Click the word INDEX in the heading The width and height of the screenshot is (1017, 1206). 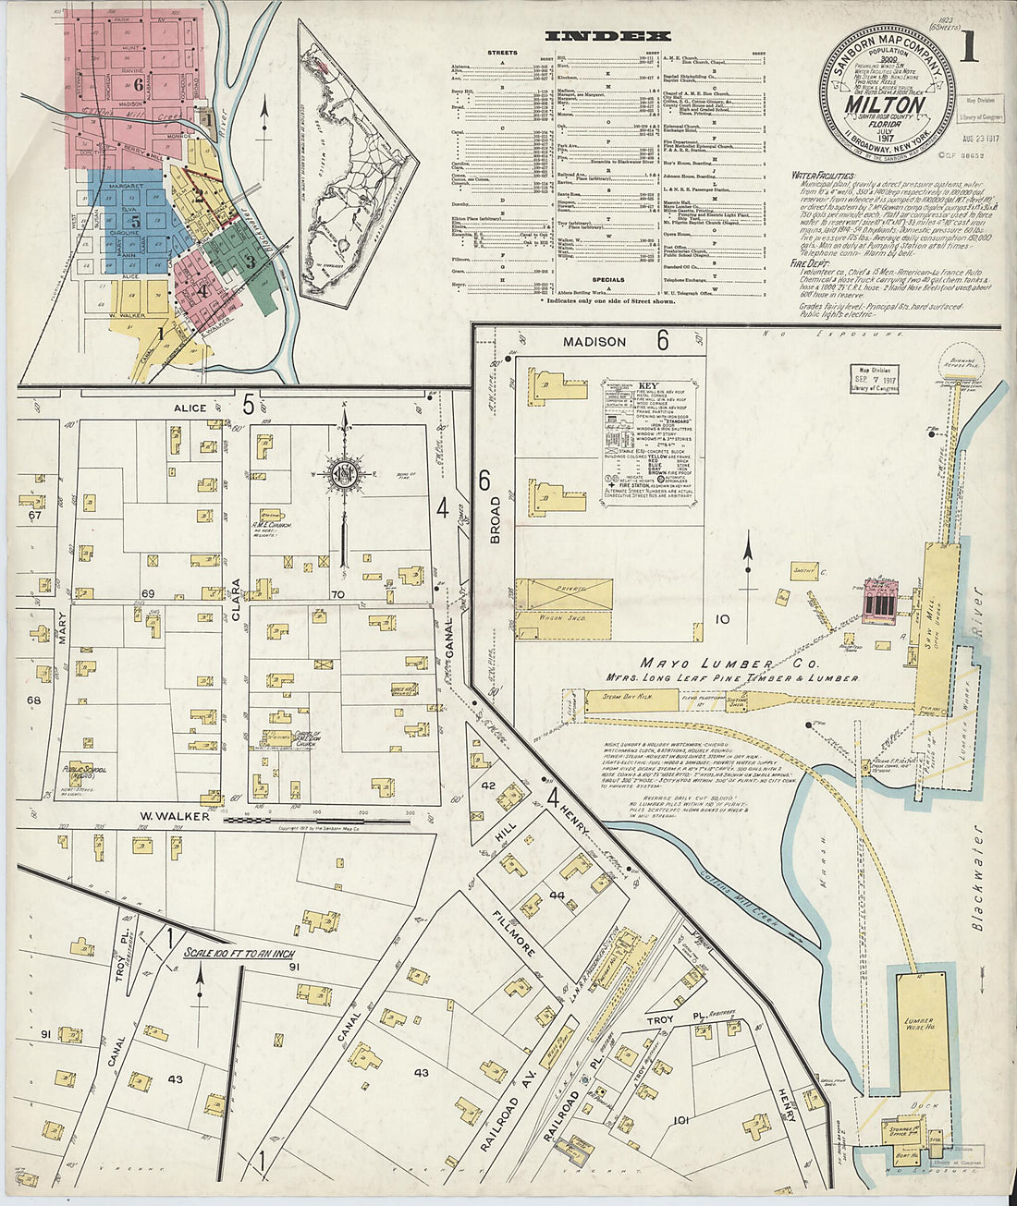pyautogui.click(x=607, y=36)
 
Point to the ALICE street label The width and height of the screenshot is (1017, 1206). pyautogui.click(x=190, y=407)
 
